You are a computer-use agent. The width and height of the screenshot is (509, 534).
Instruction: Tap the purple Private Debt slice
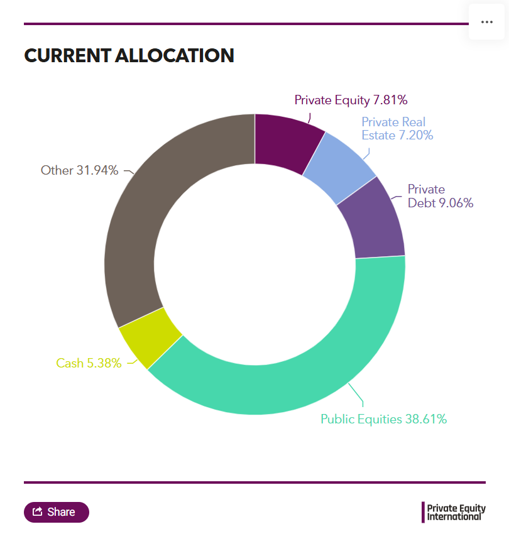click(x=373, y=220)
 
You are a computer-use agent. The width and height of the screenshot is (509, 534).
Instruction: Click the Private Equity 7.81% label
click(x=351, y=99)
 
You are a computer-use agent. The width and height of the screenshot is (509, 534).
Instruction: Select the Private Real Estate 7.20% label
click(x=397, y=128)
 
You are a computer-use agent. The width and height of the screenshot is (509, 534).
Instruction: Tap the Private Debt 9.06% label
click(x=440, y=196)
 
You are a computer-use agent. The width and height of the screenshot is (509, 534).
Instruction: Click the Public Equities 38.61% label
click(x=383, y=419)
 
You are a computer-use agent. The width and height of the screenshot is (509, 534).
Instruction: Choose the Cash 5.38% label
click(x=89, y=363)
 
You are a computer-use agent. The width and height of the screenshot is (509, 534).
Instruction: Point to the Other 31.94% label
click(x=79, y=170)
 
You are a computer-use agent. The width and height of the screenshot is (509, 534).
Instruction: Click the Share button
click(x=57, y=512)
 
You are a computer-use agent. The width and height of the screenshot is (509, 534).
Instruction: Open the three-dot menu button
click(x=486, y=21)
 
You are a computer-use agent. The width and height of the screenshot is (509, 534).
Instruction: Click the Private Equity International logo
click(x=454, y=512)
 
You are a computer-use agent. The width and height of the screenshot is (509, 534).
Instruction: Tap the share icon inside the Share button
click(x=37, y=511)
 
